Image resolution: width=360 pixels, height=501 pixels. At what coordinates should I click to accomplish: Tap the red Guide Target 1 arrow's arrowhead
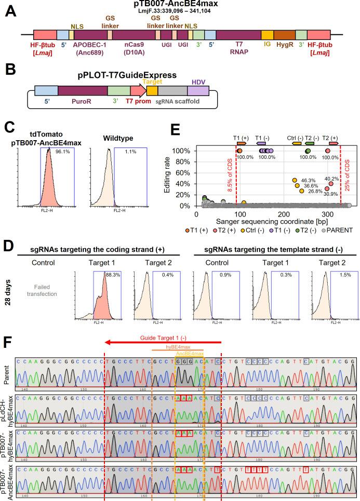pyautogui.click(x=108, y=344)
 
